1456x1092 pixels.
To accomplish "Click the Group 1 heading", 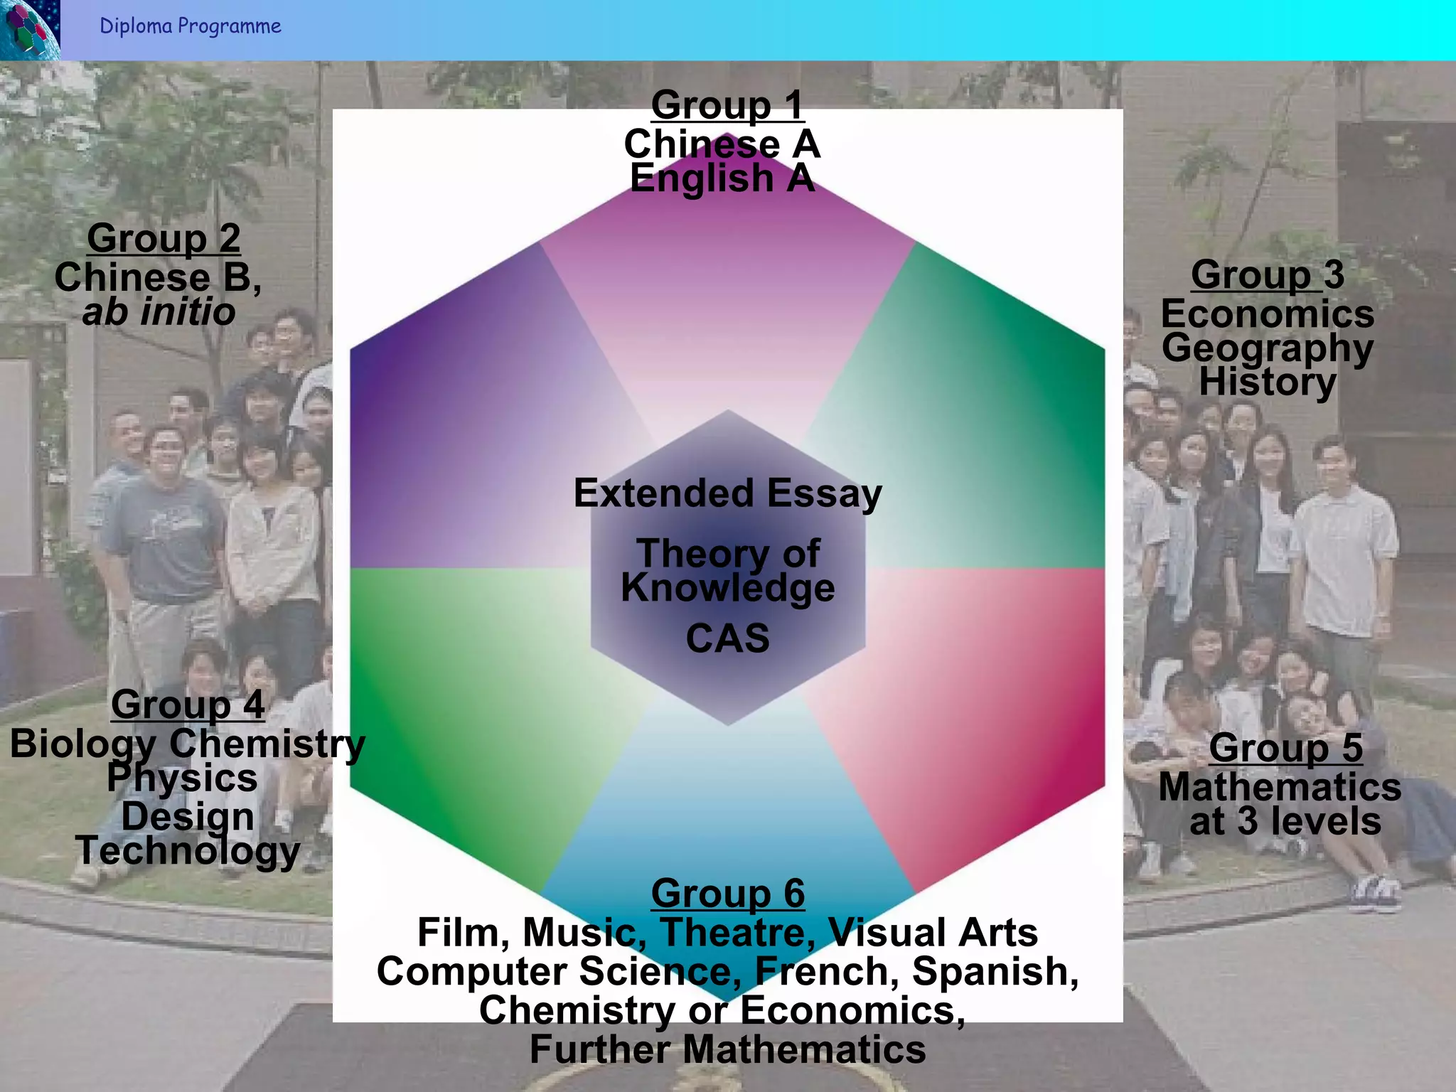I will (727, 105).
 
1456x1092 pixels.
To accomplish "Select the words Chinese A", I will (722, 144).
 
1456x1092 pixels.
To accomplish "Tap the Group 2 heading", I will (164, 238).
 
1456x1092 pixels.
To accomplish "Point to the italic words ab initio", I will (159, 312).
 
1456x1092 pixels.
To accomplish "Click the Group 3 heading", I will (1267, 275).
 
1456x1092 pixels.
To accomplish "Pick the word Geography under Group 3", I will (1267, 348).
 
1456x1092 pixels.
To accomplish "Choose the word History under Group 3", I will (1267, 382).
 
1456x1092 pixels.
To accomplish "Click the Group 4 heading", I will (188, 705).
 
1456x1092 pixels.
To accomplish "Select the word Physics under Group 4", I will (182, 778).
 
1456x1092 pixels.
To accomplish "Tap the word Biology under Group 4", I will (82, 744).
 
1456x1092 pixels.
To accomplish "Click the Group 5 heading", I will (1285, 748).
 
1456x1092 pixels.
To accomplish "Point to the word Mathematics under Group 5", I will (1280, 787).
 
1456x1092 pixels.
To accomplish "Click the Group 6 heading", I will (728, 893).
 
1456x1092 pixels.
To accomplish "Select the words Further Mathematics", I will (728, 1049).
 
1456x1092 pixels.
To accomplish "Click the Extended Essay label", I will (727, 493).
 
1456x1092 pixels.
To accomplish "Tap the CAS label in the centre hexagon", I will (727, 638).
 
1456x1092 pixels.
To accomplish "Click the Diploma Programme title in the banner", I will (191, 26).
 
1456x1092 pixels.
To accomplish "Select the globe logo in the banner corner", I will (29, 29).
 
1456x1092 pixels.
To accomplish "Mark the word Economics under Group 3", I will (1267, 314).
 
